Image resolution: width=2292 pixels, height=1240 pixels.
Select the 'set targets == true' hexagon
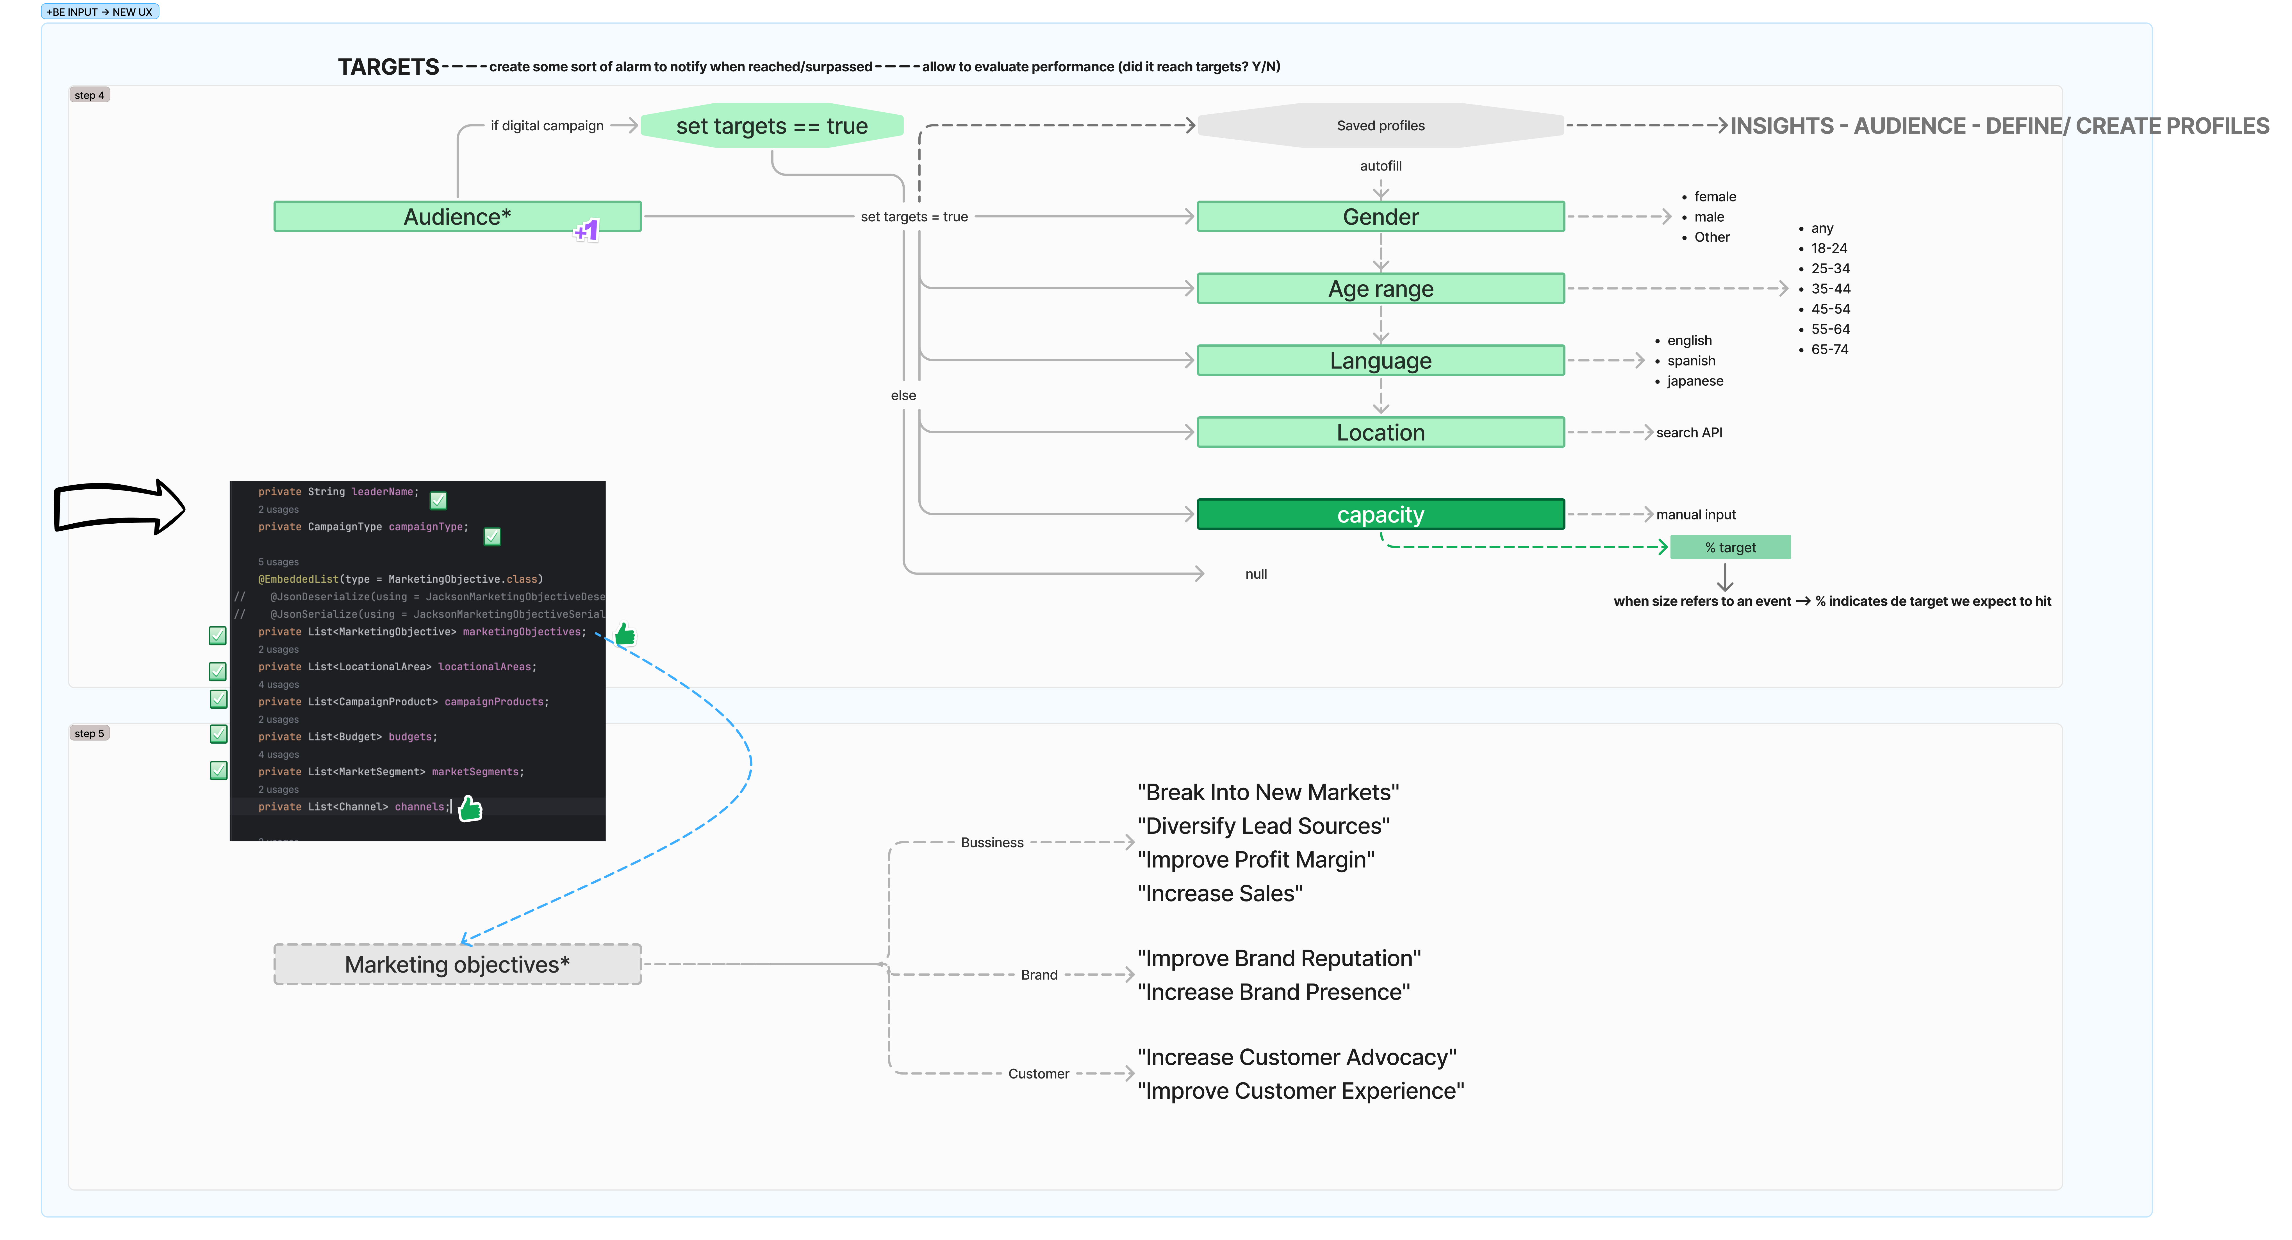(771, 126)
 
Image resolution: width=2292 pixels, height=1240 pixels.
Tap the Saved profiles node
(1380, 126)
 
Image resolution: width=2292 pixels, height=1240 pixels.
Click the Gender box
(1380, 216)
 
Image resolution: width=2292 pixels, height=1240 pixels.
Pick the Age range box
(1380, 289)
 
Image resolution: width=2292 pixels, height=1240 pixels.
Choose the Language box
(1380, 360)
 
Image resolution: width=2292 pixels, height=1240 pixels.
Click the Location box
(1380, 433)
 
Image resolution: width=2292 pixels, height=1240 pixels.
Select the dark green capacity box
(1380, 515)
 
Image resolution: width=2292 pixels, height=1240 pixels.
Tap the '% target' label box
(1730, 548)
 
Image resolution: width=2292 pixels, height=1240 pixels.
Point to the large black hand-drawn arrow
(118, 507)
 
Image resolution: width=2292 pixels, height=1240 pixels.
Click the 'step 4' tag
(89, 95)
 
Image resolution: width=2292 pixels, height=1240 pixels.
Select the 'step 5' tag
(89, 733)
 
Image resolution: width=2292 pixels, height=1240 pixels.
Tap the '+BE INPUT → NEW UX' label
(100, 12)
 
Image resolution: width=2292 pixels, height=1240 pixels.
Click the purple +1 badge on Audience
(586, 231)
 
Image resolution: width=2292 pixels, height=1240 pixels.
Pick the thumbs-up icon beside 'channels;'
(470, 808)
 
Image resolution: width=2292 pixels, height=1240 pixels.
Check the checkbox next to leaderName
(438, 500)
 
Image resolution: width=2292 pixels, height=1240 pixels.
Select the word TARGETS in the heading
(388, 67)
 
